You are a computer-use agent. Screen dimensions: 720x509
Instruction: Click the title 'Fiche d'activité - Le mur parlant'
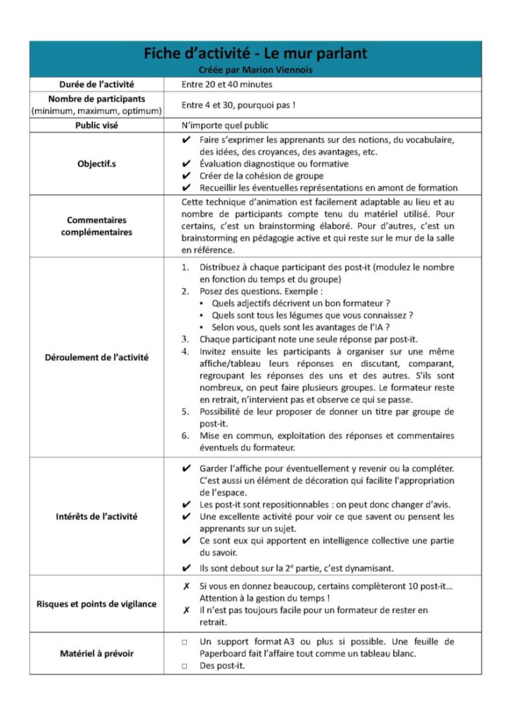(255, 53)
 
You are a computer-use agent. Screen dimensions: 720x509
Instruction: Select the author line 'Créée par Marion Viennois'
(255, 69)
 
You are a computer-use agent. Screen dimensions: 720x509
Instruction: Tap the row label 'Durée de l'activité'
(96, 84)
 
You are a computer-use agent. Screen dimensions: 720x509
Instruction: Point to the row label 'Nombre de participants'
(96, 99)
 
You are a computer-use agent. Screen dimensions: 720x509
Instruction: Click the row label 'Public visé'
(96, 126)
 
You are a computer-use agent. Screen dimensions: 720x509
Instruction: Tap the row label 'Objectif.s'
(96, 164)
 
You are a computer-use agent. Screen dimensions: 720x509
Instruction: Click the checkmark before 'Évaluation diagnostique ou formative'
(185, 164)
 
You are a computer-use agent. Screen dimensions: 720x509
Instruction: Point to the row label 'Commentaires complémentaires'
(96, 226)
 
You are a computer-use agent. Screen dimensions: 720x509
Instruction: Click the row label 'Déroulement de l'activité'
(96, 356)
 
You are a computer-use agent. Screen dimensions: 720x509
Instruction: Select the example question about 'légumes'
(312, 315)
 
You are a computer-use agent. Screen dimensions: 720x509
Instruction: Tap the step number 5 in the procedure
(185, 411)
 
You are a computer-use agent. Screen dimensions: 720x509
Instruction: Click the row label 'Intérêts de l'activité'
(96, 516)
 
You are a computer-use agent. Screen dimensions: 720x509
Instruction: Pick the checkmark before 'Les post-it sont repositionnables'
(185, 504)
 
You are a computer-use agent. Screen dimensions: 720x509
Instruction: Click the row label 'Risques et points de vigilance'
(96, 603)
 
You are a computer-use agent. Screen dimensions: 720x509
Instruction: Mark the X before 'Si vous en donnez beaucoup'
(185, 586)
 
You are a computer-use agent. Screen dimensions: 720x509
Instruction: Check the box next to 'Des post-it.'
(184, 666)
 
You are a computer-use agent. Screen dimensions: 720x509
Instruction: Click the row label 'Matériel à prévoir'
(96, 653)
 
